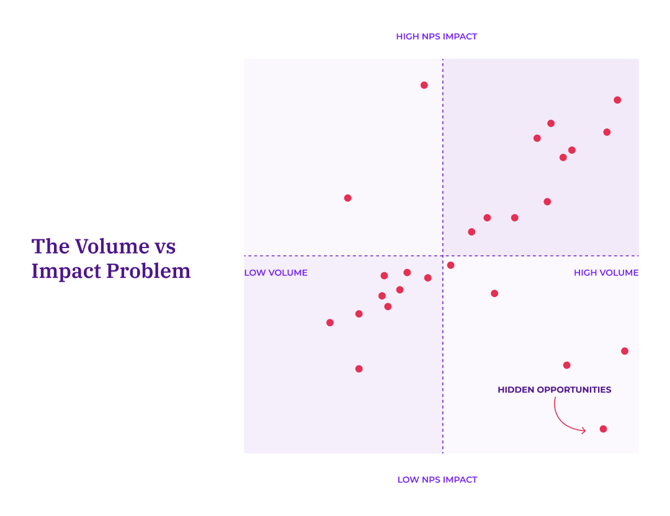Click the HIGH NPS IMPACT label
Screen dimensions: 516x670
[x=437, y=37]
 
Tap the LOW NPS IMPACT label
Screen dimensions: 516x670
[x=437, y=479]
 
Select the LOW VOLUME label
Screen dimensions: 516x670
[x=275, y=273]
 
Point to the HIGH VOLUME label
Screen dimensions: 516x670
[x=605, y=273]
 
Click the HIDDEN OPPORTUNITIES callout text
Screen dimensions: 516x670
[x=554, y=390]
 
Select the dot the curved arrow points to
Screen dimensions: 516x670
[x=603, y=429]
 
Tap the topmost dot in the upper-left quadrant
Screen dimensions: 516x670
[x=424, y=86]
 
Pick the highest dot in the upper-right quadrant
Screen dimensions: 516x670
[x=617, y=100]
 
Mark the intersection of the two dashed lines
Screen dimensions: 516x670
[x=443, y=256]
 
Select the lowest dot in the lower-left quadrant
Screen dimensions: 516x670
[x=359, y=369]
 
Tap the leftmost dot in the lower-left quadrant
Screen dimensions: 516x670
[x=330, y=322]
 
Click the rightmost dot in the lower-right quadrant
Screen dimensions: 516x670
[x=625, y=351]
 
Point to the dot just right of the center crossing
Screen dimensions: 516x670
[x=450, y=265]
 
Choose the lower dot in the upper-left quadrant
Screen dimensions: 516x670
[x=348, y=198]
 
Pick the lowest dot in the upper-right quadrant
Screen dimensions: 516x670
[x=471, y=232]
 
